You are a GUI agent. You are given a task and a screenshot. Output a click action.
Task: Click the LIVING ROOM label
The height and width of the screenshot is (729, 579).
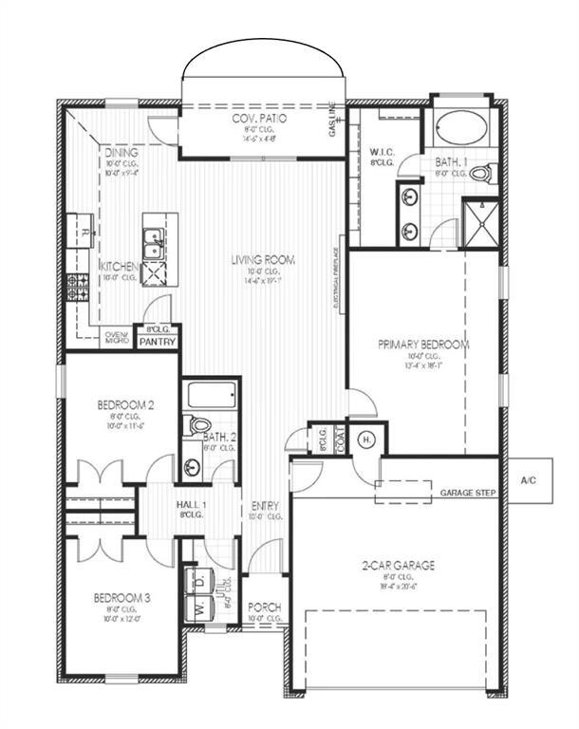(264, 259)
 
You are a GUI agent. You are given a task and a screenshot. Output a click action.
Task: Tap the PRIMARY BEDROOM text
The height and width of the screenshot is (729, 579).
(423, 345)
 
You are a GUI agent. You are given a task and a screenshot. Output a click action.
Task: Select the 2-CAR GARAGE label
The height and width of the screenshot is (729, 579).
(398, 565)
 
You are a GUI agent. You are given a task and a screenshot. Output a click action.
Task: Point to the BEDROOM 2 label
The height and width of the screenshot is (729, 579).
(125, 405)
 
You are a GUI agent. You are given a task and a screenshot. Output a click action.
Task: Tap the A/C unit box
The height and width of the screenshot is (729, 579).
(529, 481)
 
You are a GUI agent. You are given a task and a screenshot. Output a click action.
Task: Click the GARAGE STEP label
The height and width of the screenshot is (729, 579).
(469, 495)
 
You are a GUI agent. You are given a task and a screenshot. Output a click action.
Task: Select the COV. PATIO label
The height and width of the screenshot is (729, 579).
(260, 119)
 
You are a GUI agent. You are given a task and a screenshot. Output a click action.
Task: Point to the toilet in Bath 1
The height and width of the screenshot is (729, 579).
(481, 174)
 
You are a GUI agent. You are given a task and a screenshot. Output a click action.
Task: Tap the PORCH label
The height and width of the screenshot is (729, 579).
(263, 607)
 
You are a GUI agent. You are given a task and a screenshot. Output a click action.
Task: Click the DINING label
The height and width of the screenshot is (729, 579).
(121, 152)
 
